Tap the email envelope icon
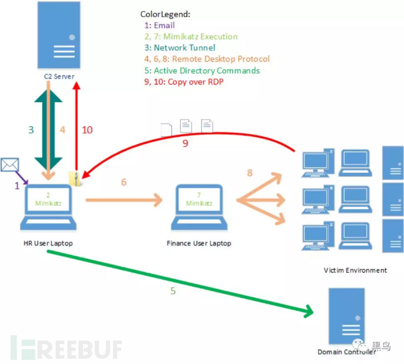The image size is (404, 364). click(x=9, y=165)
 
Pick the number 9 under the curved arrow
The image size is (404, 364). click(x=185, y=143)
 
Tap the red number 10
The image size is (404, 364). click(x=87, y=130)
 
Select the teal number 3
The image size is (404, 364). click(x=31, y=130)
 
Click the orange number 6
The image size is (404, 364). click(x=124, y=182)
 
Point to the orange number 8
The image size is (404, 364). click(x=250, y=173)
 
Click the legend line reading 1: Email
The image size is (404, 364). click(x=159, y=25)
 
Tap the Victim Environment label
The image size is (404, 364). click(x=355, y=270)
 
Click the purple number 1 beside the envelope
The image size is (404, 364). click(x=17, y=185)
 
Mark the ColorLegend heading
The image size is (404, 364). click(x=165, y=14)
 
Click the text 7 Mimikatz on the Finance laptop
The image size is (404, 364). click(x=198, y=199)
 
